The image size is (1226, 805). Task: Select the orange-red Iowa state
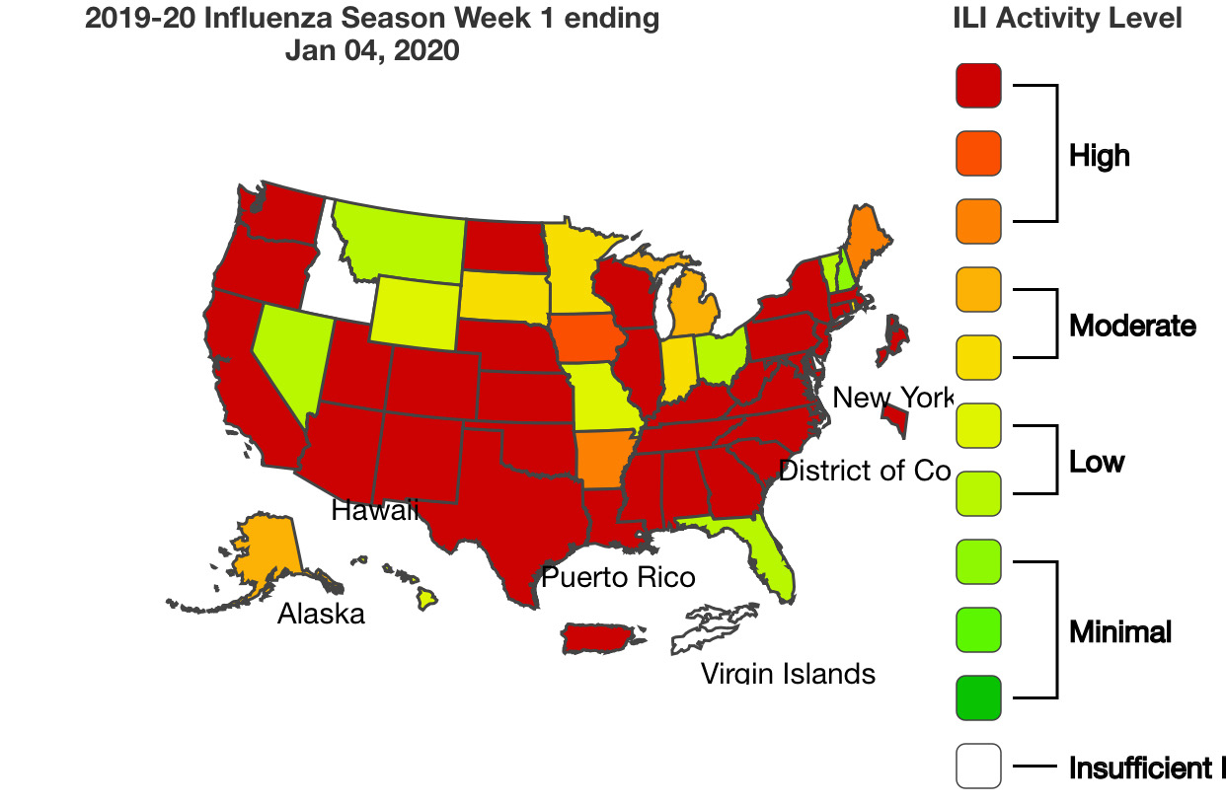tap(588, 339)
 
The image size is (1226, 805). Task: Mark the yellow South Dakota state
tap(503, 295)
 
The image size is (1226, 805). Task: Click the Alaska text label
tap(321, 614)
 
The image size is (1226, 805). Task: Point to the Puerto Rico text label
tap(618, 577)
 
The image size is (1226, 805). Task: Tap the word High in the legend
tap(1099, 155)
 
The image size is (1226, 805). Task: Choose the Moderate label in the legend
tap(1131, 326)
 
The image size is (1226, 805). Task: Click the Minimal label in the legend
tap(1119, 631)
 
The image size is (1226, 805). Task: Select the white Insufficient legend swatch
tap(978, 767)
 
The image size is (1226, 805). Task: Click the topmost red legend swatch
tap(978, 85)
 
